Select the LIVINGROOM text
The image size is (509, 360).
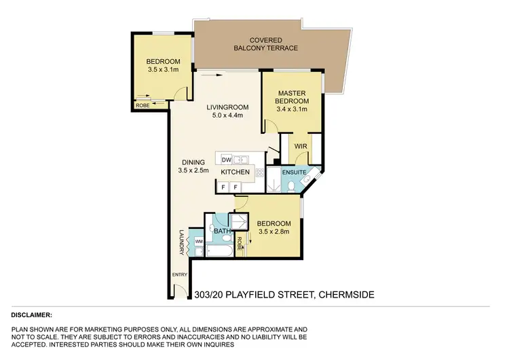tap(227, 107)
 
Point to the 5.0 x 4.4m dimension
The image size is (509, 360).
tap(227, 115)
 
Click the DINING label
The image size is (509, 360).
tap(193, 162)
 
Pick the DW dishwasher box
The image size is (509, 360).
tap(226, 160)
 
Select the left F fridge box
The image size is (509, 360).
tap(223, 186)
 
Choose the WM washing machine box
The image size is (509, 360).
tap(199, 241)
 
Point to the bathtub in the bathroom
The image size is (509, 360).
tap(219, 251)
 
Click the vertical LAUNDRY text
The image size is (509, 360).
tap(181, 241)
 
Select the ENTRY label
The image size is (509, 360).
tap(178, 274)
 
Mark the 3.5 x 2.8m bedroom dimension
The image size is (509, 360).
tap(274, 232)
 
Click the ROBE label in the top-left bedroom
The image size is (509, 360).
tap(143, 105)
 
